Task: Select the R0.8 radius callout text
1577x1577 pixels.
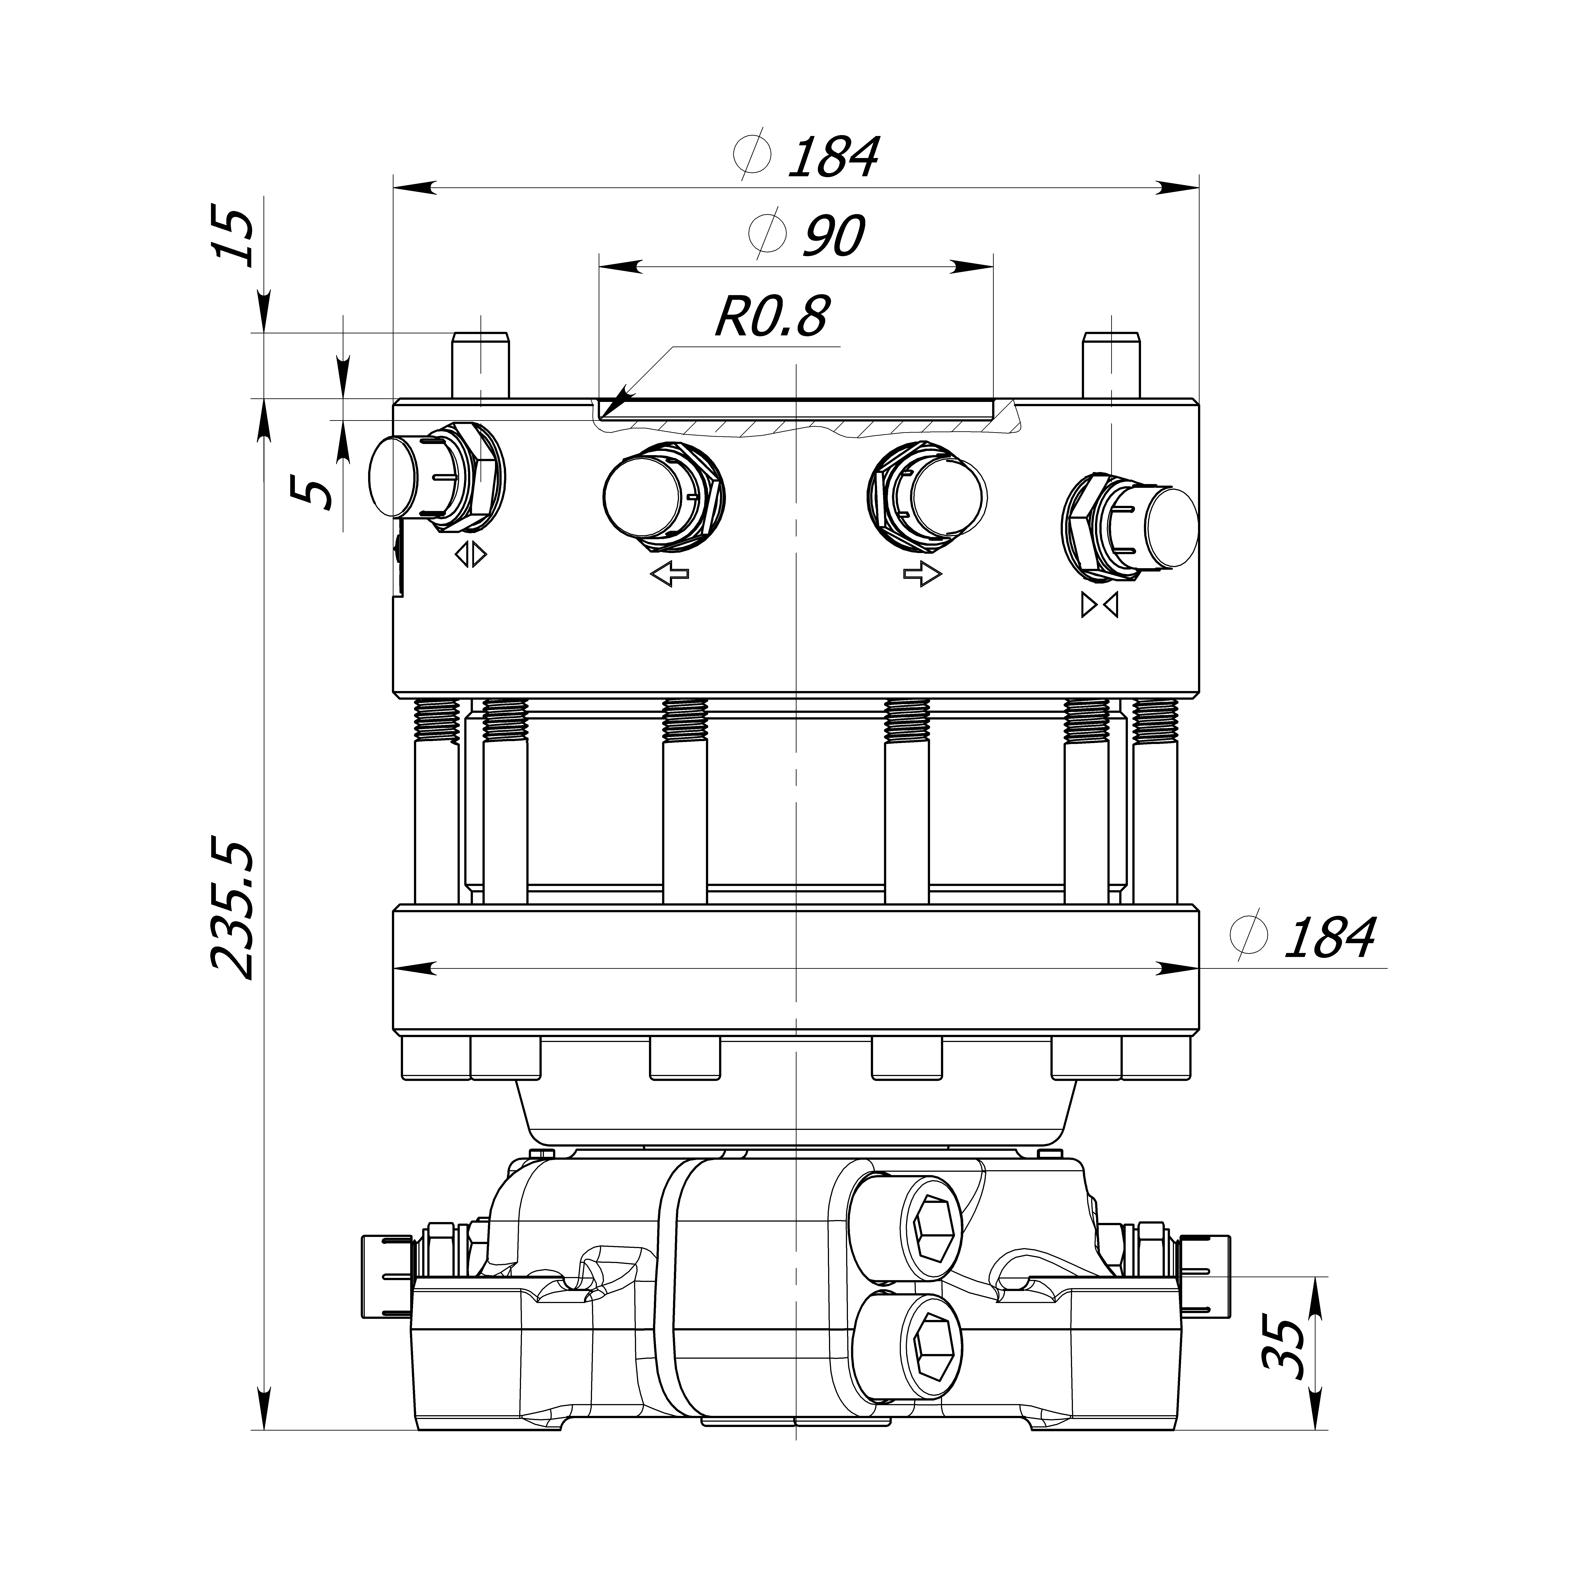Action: [771, 317]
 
